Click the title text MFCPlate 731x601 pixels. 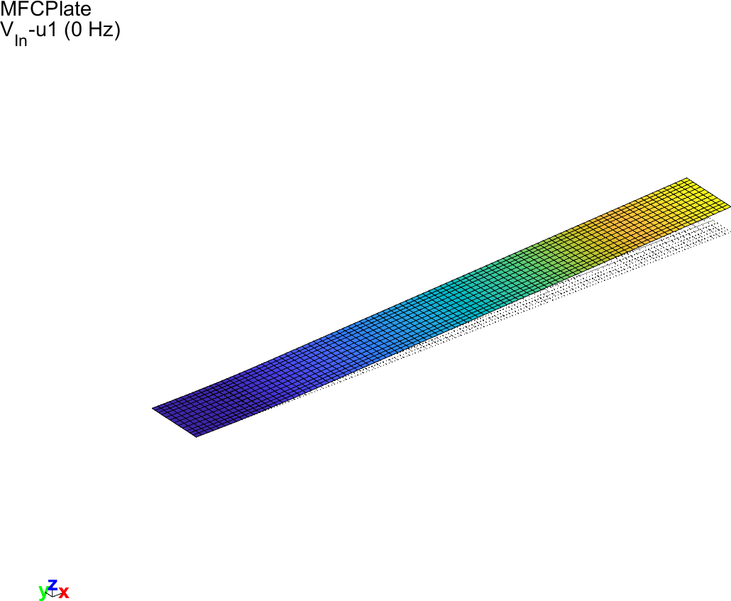(x=45, y=9)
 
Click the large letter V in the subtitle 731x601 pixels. (x=7, y=30)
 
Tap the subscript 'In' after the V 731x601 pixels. (x=21, y=40)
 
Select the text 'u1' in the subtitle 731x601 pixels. (x=48, y=30)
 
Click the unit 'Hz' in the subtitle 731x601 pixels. (x=99, y=30)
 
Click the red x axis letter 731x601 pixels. (x=64, y=592)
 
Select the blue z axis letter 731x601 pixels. (x=53, y=584)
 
